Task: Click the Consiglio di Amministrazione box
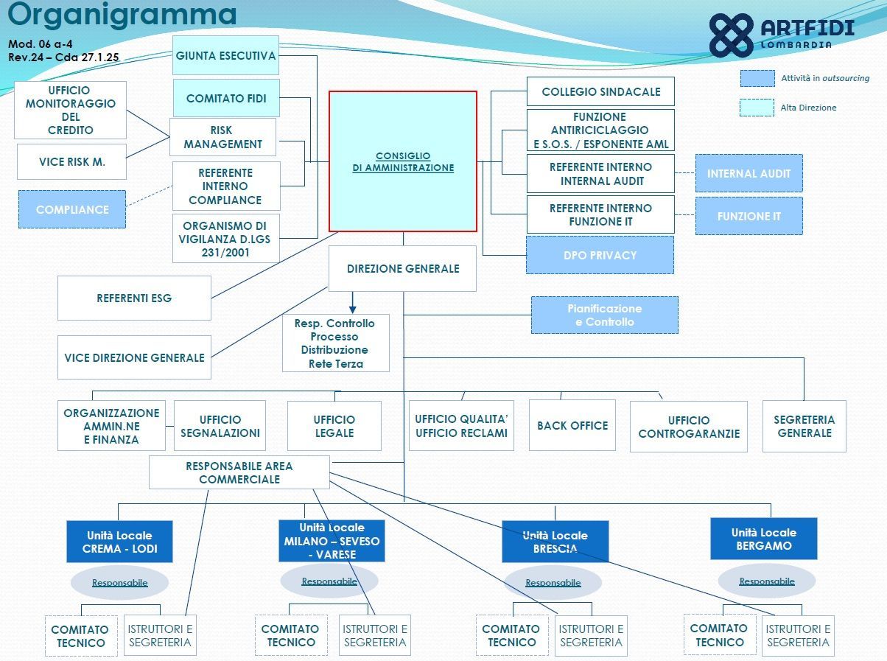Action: [x=403, y=161]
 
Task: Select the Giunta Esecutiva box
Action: [x=225, y=55]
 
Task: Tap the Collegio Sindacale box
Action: [x=600, y=92]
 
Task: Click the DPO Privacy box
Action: [x=600, y=255]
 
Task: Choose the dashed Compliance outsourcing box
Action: [x=72, y=209]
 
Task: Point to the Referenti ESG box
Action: [x=134, y=298]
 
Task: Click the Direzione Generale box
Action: [x=402, y=269]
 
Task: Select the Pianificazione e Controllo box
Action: [x=604, y=315]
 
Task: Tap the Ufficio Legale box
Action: [x=334, y=426]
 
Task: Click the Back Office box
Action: [x=572, y=426]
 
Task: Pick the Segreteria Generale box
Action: [x=804, y=426]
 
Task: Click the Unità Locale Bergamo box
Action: [x=763, y=539]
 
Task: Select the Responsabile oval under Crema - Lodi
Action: [x=119, y=583]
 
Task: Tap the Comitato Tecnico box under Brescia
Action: [x=511, y=635]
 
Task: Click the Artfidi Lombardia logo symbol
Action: [x=731, y=35]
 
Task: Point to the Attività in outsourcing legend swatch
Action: [x=757, y=79]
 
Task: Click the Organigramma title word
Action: [x=123, y=15]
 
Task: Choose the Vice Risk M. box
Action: [x=71, y=162]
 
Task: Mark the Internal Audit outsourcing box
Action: [x=748, y=174]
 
